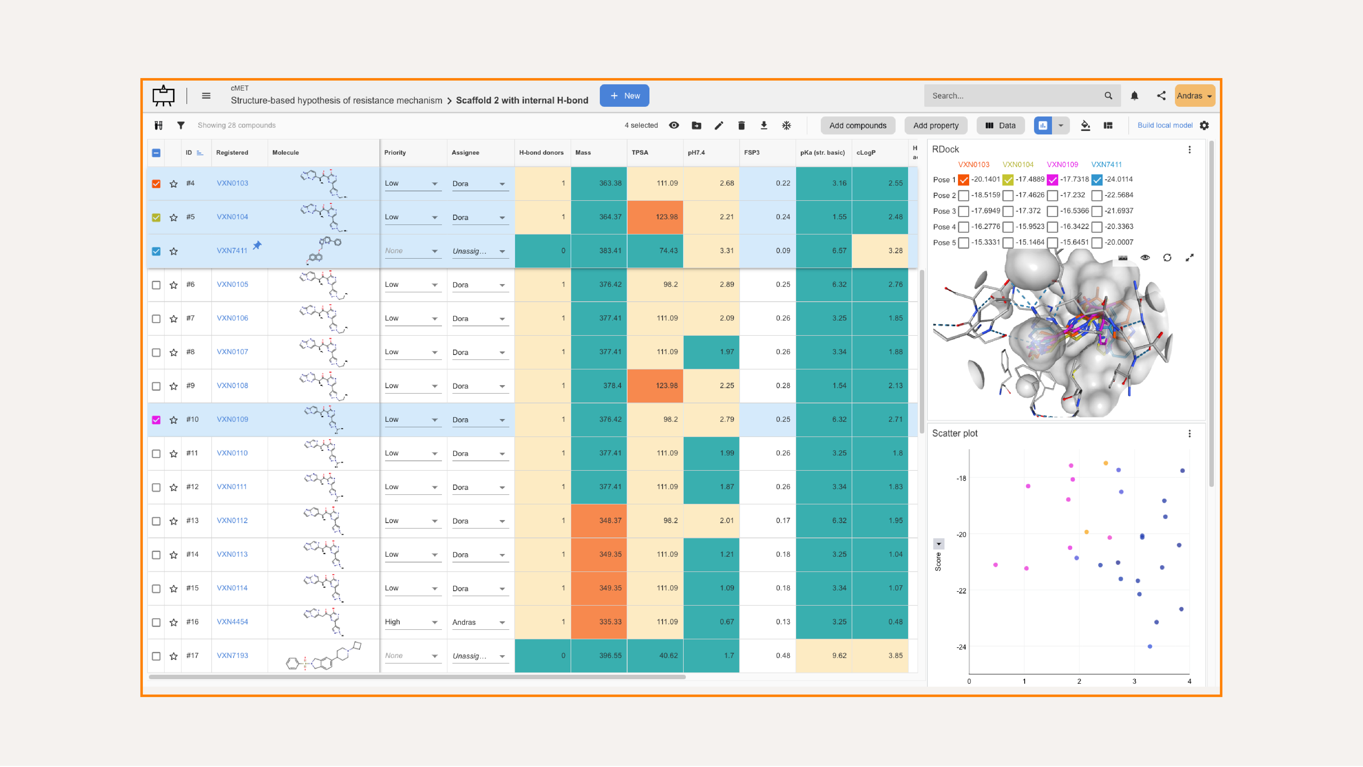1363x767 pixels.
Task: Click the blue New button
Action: click(624, 96)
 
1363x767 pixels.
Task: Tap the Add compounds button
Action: click(857, 125)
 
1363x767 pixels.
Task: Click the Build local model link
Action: click(1164, 125)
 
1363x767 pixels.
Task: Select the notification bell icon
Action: click(1134, 96)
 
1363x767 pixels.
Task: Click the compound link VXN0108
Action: click(232, 385)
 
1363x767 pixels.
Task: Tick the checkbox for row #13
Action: click(156, 521)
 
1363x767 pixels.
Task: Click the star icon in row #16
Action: click(174, 623)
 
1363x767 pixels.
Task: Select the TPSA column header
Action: click(640, 152)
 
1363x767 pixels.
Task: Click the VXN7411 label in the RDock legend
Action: click(1106, 165)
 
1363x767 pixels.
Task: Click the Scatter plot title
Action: click(954, 434)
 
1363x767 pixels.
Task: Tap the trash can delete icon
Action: click(741, 125)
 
